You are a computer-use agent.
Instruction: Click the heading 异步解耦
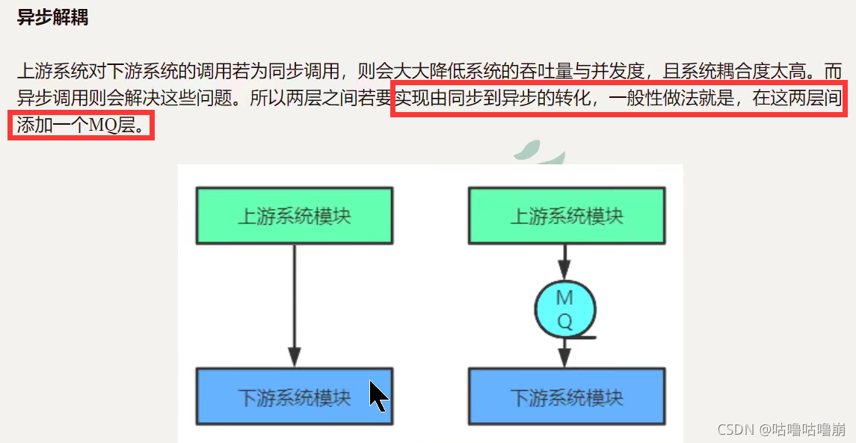point(52,17)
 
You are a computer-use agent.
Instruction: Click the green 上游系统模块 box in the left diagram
point(294,216)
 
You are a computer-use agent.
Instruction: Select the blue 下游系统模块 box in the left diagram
point(294,396)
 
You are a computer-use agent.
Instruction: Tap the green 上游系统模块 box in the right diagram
point(566,216)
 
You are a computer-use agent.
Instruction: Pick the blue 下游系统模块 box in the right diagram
point(566,396)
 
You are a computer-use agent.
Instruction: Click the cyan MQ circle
point(565,309)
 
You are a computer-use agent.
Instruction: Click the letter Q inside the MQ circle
point(565,321)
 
